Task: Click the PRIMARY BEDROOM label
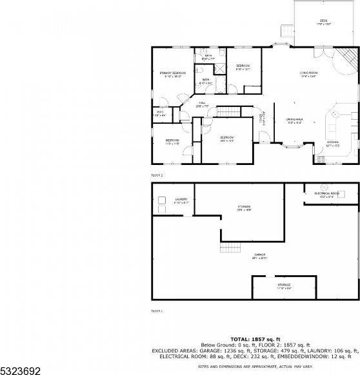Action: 173,73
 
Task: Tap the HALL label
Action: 201,104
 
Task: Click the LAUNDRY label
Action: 181,199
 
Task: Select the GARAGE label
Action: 260,255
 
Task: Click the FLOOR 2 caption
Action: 157,175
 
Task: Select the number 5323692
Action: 19,369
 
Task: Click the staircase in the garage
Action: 230,249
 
